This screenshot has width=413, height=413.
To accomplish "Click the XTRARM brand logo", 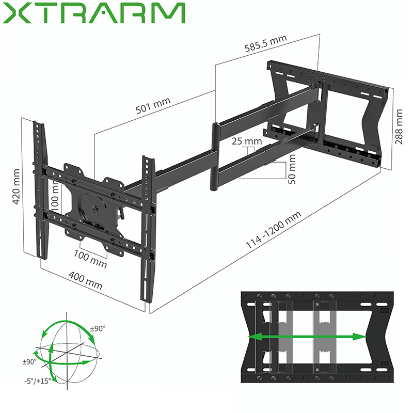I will [x=93, y=13].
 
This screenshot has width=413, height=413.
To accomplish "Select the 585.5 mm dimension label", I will [x=265, y=45].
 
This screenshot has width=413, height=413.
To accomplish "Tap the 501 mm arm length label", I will [x=153, y=109].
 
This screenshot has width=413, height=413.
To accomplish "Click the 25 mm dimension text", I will [x=247, y=141].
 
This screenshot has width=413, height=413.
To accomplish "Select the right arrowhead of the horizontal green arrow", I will [x=362, y=337].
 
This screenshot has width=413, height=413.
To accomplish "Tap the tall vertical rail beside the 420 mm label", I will [x=40, y=188].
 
